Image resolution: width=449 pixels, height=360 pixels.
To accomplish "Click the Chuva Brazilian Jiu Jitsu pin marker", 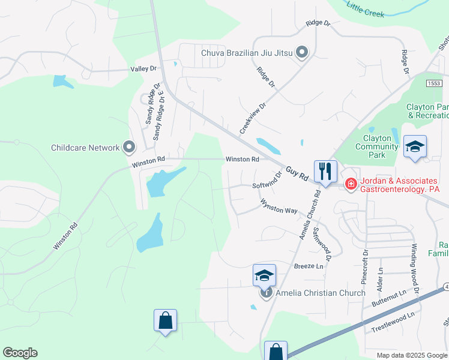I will click(x=302, y=53).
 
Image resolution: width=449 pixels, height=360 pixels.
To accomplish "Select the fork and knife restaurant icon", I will click(x=325, y=171).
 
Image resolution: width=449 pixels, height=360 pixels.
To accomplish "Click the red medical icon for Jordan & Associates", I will click(x=351, y=184).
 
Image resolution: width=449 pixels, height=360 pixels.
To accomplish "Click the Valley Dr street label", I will click(x=143, y=69).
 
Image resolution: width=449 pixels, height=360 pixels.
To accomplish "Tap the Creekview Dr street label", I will click(x=252, y=117).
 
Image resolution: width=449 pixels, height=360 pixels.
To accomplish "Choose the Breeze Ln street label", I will click(x=309, y=266).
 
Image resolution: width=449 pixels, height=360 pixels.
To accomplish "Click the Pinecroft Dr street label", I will click(x=364, y=265).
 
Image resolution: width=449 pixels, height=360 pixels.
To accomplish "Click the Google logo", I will click(x=20, y=353).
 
